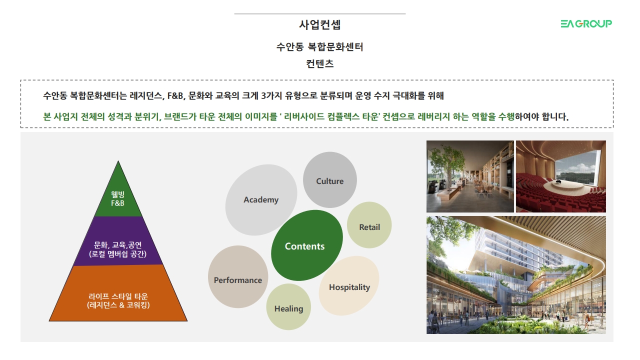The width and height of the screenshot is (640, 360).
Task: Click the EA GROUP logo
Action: point(586,23)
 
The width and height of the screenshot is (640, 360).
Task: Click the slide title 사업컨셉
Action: point(319,25)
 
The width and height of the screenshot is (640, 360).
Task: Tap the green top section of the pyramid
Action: point(118,194)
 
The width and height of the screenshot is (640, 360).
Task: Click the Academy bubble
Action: point(261,199)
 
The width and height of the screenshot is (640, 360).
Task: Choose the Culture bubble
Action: point(329,179)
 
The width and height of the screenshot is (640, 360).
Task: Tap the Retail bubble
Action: point(369,225)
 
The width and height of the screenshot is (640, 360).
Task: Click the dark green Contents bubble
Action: point(306,245)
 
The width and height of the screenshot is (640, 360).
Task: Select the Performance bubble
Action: point(238,277)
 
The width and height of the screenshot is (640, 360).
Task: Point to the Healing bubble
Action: point(288,307)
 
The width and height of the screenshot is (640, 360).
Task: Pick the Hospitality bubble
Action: point(349,285)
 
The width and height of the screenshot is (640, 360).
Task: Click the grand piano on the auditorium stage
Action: point(558,182)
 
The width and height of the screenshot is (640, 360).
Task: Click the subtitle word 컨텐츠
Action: point(319,63)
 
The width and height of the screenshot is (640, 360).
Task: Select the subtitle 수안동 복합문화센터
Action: point(319,47)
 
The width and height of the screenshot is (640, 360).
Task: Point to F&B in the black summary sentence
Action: point(175,95)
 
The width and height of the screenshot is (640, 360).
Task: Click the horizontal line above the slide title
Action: point(319,13)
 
